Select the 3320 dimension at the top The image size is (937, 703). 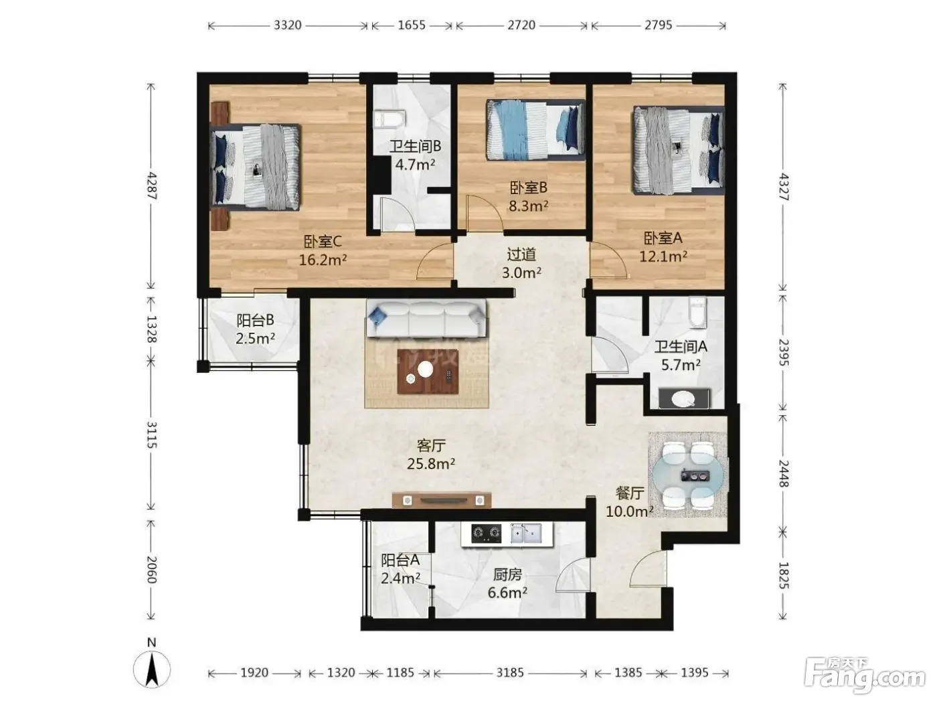click(287, 25)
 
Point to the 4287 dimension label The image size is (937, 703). click(151, 186)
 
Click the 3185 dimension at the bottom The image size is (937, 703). click(510, 673)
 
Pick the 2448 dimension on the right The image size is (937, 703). click(784, 473)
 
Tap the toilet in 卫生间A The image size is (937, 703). click(697, 313)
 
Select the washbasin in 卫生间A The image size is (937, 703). click(684, 398)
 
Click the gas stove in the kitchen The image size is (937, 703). click(486, 533)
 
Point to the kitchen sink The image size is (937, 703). click(526, 533)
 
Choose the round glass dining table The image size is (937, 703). click(688, 475)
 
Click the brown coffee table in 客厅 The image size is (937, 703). click(428, 371)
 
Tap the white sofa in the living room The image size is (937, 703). click(426, 319)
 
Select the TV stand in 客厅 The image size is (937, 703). click(441, 500)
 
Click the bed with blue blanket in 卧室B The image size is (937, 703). click(535, 130)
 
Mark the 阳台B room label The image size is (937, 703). click(255, 320)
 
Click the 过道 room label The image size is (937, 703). click(521, 255)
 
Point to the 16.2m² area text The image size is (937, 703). click(323, 260)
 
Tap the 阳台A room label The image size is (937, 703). click(400, 560)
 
